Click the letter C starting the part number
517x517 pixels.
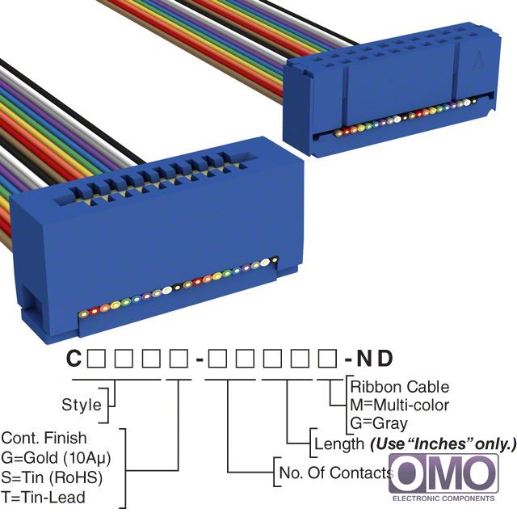pos(74,358)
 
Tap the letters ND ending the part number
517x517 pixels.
pos(375,358)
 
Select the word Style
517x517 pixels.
pos(82,405)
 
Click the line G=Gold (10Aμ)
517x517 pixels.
pos(56,458)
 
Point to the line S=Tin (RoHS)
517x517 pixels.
pos(52,477)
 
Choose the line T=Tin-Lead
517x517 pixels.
pos(43,498)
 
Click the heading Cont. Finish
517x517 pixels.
pos(44,438)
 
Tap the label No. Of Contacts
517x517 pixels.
pos(336,473)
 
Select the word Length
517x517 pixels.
pos(339,443)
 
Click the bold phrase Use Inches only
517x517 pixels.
pos(443,443)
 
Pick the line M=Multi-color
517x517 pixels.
pos(400,405)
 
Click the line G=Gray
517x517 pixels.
pos(379,423)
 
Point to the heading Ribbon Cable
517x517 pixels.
pos(400,387)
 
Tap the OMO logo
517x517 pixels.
pos(443,474)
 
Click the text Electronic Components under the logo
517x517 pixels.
pos(443,498)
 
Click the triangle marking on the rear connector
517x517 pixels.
pos(477,61)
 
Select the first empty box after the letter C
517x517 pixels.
pos(96,359)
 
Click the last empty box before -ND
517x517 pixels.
pos(327,359)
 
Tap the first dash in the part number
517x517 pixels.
pos(200,359)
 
